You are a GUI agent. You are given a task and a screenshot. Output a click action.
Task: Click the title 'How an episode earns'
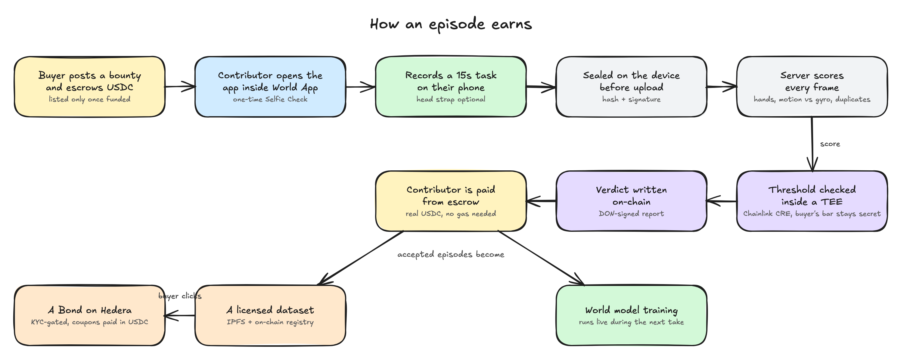451,24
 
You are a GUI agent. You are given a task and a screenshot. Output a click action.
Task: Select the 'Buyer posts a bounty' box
90,87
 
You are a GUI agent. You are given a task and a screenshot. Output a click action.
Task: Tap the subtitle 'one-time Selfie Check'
270,99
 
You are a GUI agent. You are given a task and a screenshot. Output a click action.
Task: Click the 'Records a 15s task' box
451,87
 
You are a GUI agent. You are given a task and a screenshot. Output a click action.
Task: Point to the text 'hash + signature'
631,99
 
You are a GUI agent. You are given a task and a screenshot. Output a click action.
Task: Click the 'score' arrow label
830,144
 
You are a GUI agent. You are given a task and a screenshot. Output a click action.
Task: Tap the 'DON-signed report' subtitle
631,214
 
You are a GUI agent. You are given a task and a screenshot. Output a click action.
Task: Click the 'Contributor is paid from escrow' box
451,201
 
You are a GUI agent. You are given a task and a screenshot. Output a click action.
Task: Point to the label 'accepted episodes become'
451,254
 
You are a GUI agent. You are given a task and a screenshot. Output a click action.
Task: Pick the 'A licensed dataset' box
270,315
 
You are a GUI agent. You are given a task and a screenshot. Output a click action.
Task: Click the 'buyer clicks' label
180,296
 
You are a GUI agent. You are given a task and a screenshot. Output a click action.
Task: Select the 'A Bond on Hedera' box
90,315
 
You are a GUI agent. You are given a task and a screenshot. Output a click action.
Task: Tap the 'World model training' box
631,315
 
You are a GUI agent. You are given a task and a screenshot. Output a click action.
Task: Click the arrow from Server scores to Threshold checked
812,144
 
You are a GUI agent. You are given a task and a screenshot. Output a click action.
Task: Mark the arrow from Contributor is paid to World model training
541,258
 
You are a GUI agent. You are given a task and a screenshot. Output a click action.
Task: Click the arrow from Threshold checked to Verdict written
722,201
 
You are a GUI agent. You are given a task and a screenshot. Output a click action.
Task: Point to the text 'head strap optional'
451,99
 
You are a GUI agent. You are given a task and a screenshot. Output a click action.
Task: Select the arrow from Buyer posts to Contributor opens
180,87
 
